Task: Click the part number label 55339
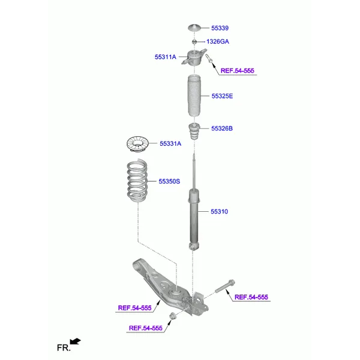point(220,28)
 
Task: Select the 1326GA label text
point(217,41)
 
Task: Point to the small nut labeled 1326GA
point(194,41)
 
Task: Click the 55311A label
point(166,57)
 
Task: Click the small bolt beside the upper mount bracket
point(209,59)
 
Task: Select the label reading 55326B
point(221,128)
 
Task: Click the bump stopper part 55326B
point(194,131)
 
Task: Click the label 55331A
point(170,143)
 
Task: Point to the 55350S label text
point(169,181)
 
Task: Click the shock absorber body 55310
point(193,216)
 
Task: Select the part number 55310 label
point(220,212)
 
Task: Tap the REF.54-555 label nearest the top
point(237,71)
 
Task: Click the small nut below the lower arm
point(172,316)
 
